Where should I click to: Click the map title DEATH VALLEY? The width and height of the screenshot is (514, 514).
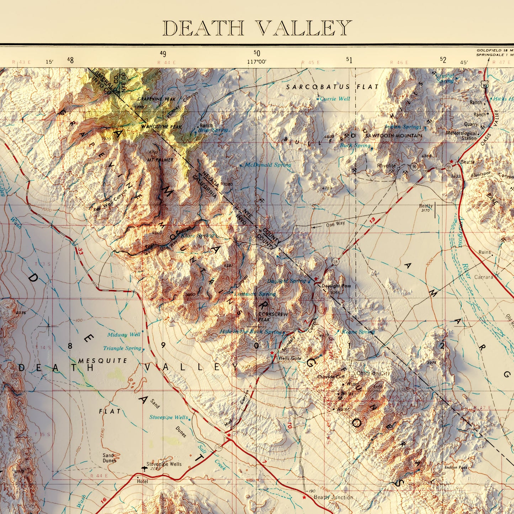pos(257,28)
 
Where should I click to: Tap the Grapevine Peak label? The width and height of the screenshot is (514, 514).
pos(156,99)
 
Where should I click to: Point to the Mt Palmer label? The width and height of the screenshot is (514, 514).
pos(160,160)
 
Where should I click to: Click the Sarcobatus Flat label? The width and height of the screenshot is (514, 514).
pos(332,87)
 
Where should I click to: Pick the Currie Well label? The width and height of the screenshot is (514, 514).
pos(335,99)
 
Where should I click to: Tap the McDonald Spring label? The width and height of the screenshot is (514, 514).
pos(267,165)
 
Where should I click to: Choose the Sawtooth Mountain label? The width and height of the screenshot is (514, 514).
pos(393,136)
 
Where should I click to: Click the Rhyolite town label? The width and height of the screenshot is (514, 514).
pos(386,166)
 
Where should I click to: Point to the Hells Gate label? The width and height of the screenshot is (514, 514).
pos(290,358)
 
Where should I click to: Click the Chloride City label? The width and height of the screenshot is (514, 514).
pos(373,373)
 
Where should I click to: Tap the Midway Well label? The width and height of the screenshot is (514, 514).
pos(124,335)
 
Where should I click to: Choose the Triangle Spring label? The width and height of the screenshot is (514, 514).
pos(122,348)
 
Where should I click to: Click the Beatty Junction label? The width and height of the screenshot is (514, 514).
pos(333,497)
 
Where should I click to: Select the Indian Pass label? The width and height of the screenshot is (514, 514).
pos(456,467)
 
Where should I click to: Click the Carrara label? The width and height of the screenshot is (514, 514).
pos(483,277)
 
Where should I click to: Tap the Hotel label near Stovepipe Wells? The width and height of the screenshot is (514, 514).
pos(142,481)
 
